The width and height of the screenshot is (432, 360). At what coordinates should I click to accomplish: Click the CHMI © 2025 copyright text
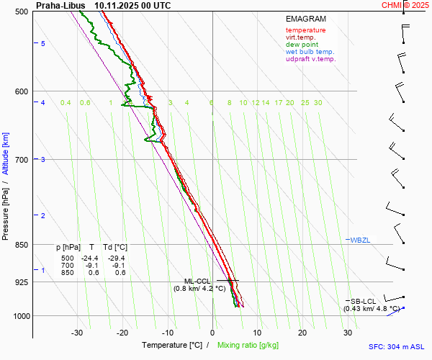[405, 5]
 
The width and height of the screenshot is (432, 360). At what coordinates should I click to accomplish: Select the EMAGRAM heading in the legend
[305, 19]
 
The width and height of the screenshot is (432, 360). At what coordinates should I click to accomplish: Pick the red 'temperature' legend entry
[305, 30]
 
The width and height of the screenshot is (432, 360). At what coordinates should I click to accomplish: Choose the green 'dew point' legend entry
[302, 45]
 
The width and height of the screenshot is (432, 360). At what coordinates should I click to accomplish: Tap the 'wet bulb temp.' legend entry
[310, 52]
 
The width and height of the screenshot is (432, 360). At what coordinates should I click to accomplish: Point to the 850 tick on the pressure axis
[22, 245]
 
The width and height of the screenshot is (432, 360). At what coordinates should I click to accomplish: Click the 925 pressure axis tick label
[22, 282]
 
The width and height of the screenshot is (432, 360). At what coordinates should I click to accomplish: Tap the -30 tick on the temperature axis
[77, 333]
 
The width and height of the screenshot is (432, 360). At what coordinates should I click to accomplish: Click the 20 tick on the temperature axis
[302, 333]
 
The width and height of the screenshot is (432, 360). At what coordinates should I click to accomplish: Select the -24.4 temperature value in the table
[89, 258]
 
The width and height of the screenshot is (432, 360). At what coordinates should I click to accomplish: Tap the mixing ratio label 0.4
[66, 103]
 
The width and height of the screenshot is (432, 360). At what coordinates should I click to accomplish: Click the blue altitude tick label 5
[43, 44]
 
